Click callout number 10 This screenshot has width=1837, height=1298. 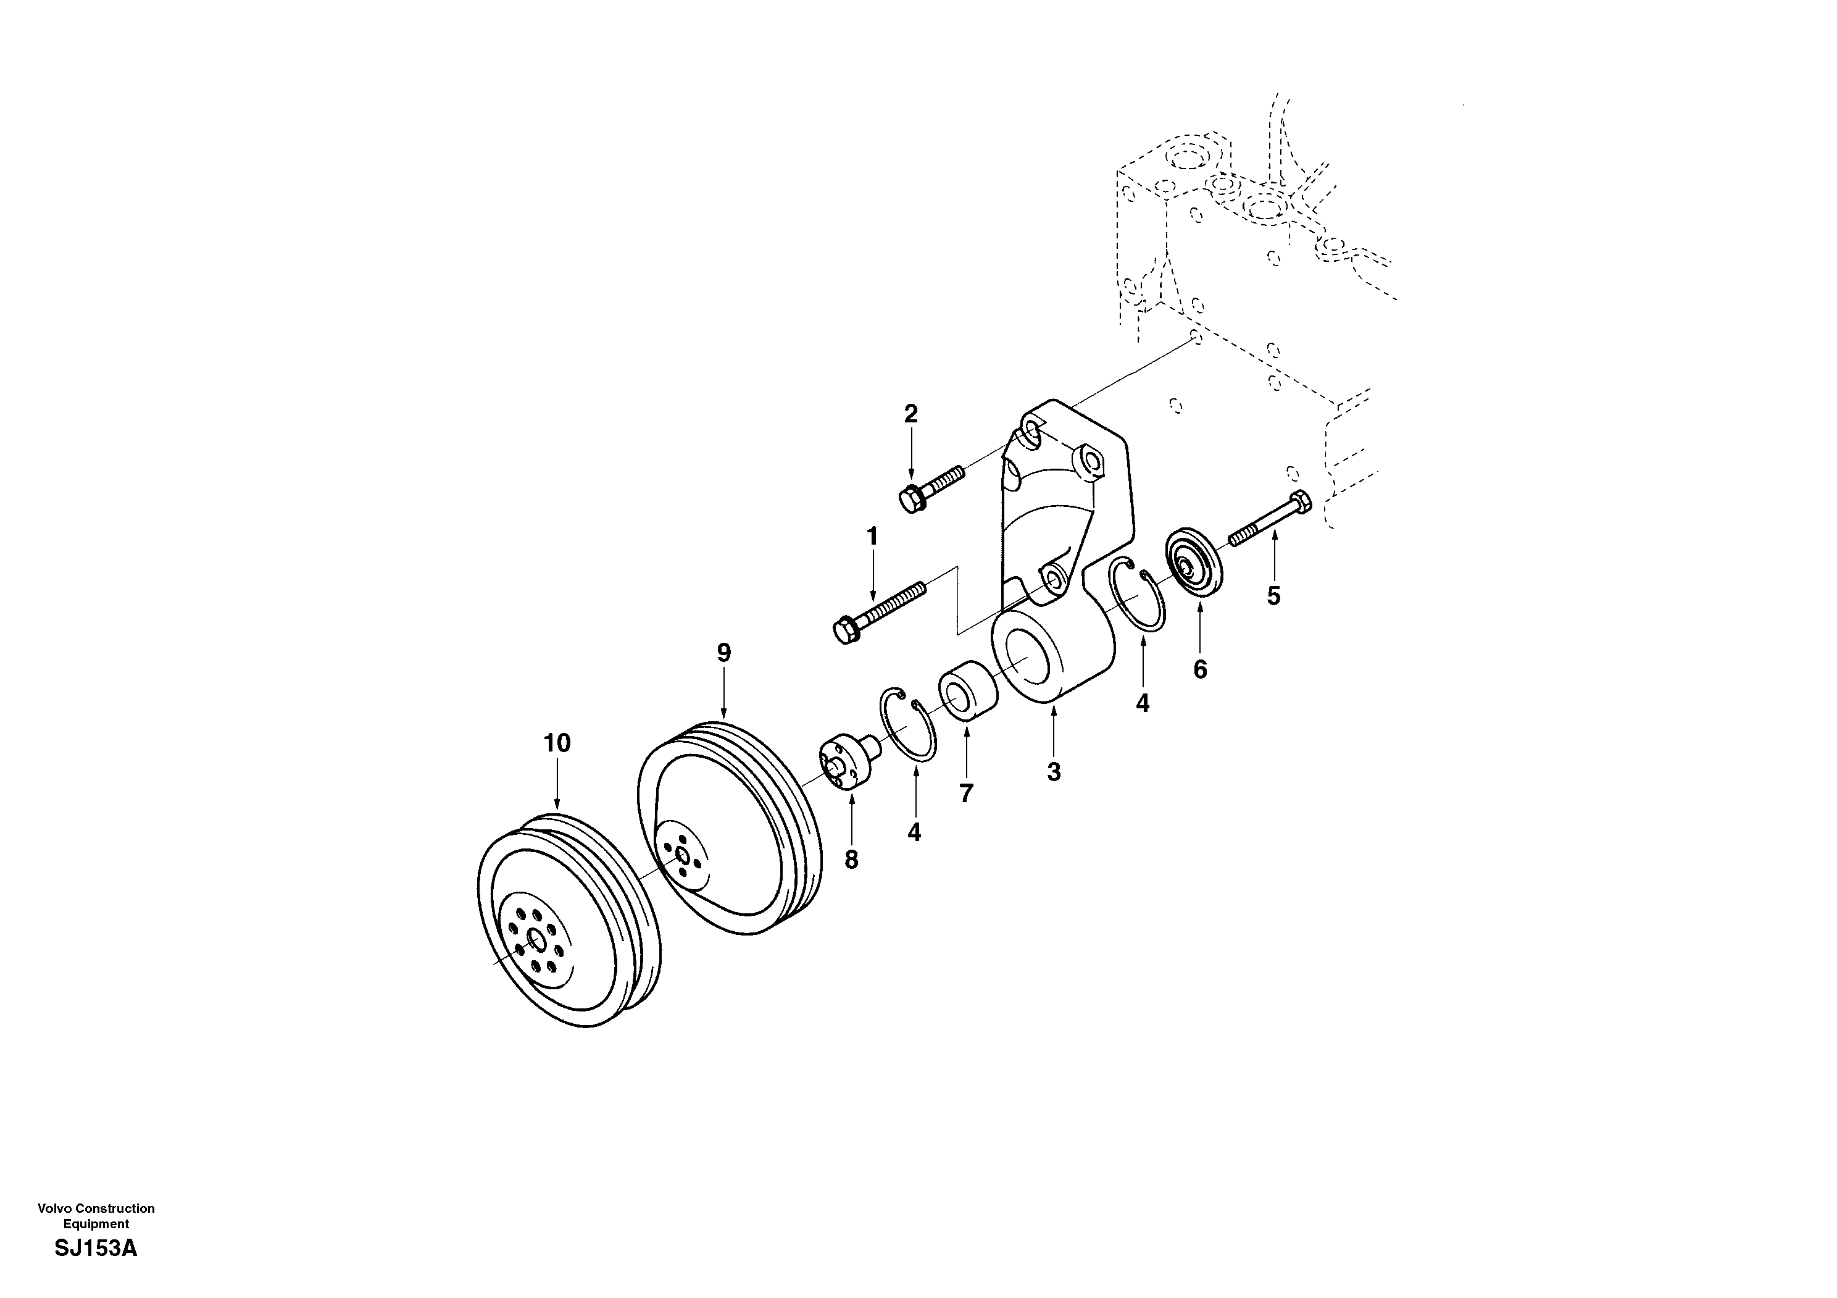pos(557,743)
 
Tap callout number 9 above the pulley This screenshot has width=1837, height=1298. pos(723,653)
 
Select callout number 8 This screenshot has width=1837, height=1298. pos(851,860)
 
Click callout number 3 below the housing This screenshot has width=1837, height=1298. pos(1054,773)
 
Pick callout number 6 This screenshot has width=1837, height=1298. pos(1200,669)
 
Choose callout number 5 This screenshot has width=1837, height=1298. pos(1273,595)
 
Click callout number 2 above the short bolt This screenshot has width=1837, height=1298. pos(910,414)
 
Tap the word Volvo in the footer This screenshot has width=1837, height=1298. pos(54,1208)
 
